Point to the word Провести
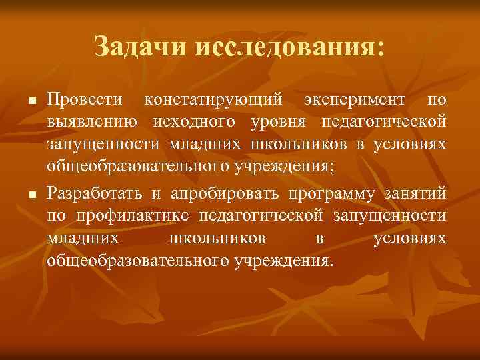tap(85, 101)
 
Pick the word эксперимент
tap(354, 101)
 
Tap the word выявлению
tap(93, 123)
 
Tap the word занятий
tap(418, 194)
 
